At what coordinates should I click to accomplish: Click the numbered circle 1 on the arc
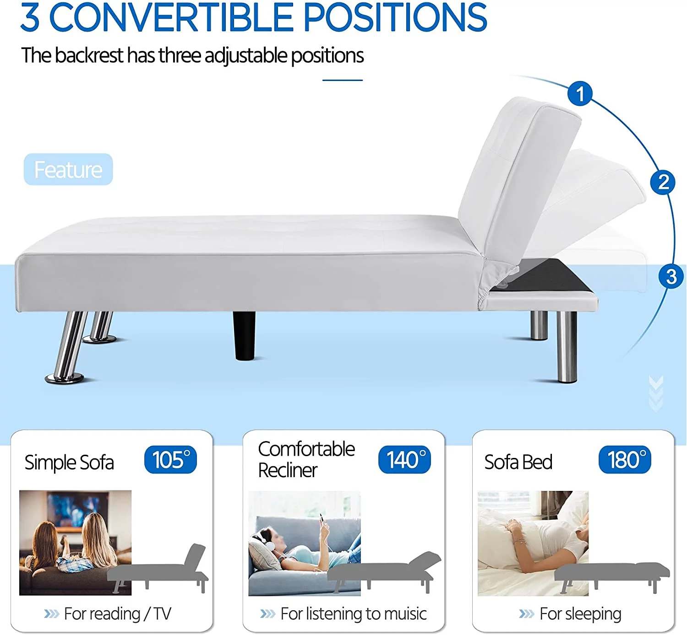pos(580,93)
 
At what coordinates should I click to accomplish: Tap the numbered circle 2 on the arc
pos(662,182)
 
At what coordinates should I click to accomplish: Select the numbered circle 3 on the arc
pos(671,276)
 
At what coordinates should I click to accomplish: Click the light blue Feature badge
pos(68,169)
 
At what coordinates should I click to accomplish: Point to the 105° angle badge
pos(170,459)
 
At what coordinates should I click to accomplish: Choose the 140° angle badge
pos(404,459)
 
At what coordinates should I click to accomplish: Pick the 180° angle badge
pos(625,459)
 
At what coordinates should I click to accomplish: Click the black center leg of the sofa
pos(244,336)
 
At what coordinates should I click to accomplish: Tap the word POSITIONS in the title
pos(395,17)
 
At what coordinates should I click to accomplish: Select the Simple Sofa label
pos(69,463)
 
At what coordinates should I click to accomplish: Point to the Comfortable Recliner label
pos(306,459)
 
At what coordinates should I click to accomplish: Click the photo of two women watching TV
pos(76,543)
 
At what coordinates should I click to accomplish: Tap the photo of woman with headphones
pos(305,544)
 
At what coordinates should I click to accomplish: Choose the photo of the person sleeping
pos(533,544)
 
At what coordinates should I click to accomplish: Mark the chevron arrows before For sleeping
pos(527,614)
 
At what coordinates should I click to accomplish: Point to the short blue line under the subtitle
pos(343,80)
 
